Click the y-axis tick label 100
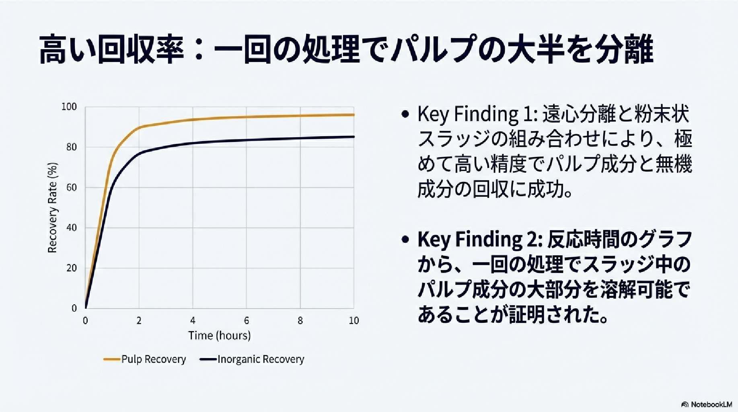point(69,107)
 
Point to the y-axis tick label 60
point(72,187)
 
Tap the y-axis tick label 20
point(72,268)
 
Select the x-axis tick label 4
point(193,321)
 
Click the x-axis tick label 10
point(354,321)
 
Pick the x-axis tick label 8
point(300,321)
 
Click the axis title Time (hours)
point(220,336)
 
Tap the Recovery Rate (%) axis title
point(53,208)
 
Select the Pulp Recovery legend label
point(154,359)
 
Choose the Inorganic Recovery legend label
point(261,359)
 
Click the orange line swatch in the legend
point(112,359)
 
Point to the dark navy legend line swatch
point(208,359)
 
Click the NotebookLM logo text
point(711,404)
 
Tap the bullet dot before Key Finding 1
point(405,114)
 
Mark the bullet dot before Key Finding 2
point(405,240)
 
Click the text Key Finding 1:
point(477,115)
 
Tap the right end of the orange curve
point(354,115)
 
